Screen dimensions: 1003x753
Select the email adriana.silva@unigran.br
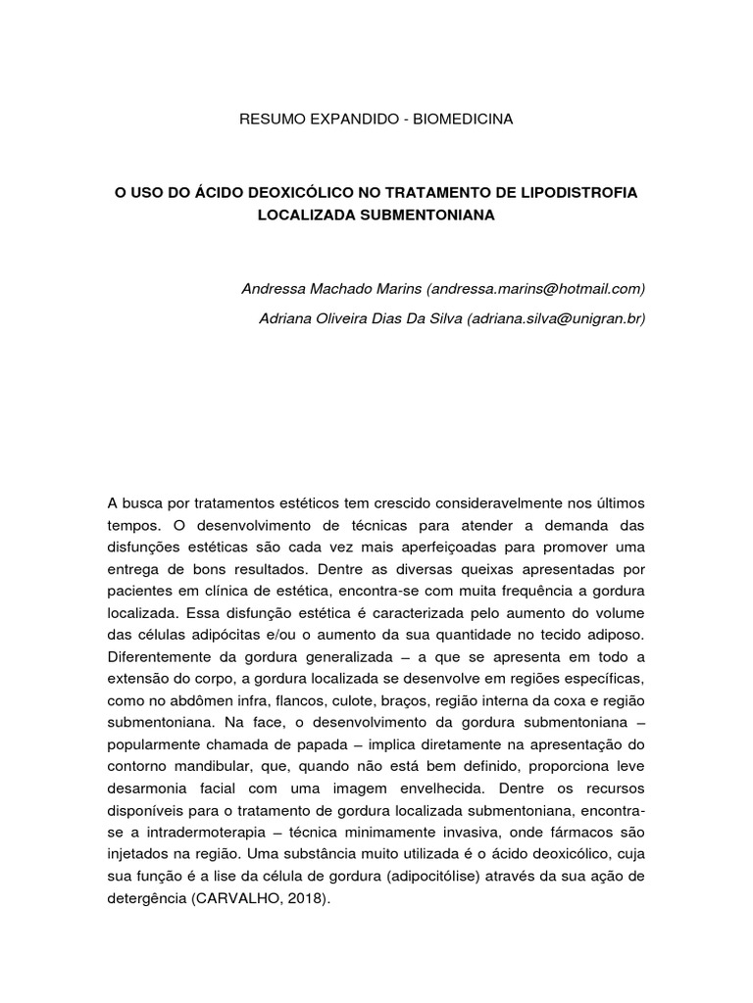(557, 317)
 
